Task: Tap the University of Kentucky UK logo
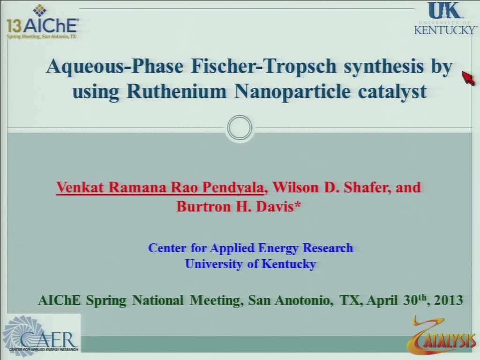445,18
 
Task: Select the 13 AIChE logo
42,22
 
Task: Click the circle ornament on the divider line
240,127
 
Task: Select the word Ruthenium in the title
177,91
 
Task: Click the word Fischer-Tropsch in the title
264,66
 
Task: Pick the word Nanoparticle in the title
292,92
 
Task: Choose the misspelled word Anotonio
303,300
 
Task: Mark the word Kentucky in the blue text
289,264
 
